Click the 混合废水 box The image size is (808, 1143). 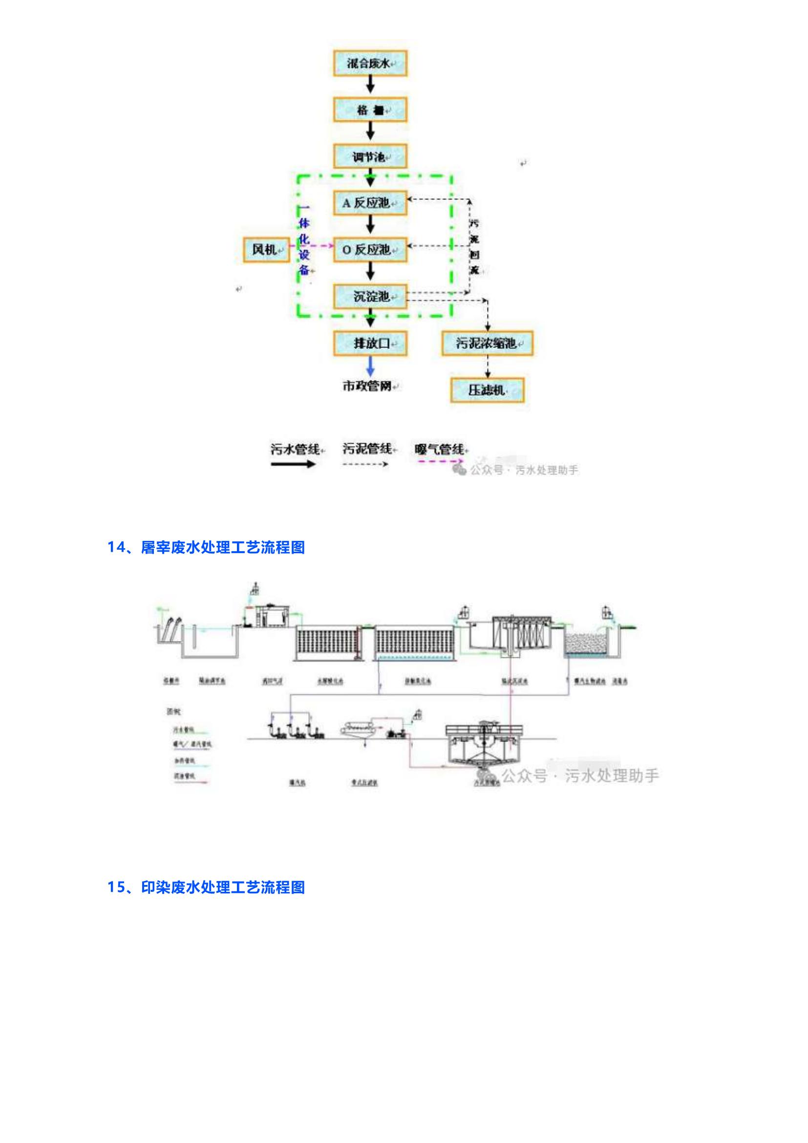coord(370,63)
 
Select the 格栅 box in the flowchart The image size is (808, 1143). coord(370,109)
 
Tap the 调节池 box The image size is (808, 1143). coord(370,156)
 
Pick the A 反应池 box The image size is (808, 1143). coord(370,203)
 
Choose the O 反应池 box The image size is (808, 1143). coord(370,249)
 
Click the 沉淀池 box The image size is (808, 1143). coord(370,296)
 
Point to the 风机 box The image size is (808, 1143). coord(267,249)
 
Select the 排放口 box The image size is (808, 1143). coord(370,343)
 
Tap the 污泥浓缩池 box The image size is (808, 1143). coord(487,343)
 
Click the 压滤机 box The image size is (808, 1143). coord(487,390)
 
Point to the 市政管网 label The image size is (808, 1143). coord(368,386)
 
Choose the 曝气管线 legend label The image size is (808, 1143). coord(440,449)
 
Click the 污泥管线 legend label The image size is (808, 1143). coord(367,449)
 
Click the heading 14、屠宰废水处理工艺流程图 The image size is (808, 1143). coord(206,548)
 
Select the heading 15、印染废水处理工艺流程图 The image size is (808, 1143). coord(206,887)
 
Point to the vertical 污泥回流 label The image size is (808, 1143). coord(475,247)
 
